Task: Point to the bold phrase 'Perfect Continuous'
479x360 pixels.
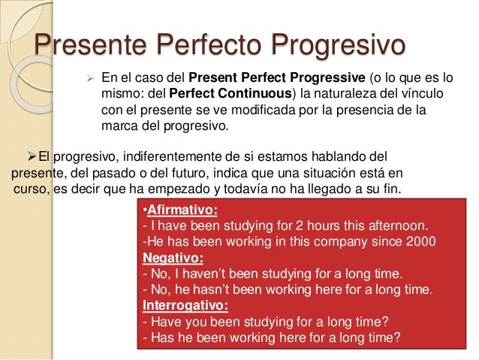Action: click(230, 94)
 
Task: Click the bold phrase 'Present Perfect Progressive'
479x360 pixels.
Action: click(276, 77)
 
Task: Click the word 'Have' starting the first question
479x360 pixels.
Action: click(164, 322)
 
